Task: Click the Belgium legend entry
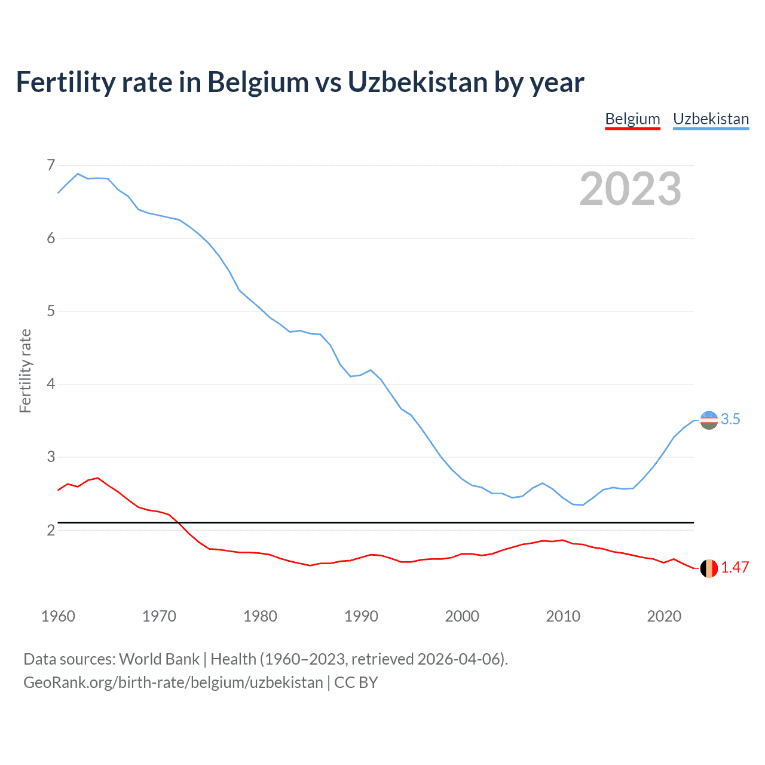[x=632, y=119]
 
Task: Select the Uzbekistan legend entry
[x=711, y=119]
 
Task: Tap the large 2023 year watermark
[x=630, y=189]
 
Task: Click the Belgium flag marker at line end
[x=709, y=568]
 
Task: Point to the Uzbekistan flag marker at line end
[x=709, y=420]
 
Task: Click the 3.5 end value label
[x=730, y=420]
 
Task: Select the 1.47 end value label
[x=735, y=568]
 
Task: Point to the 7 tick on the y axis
[x=51, y=165]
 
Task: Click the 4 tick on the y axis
[x=51, y=384]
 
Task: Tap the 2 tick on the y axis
[x=51, y=530]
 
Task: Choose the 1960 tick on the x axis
[x=58, y=616]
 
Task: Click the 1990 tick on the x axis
[x=361, y=616]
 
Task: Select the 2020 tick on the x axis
[x=664, y=616]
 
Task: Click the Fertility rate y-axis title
[x=25, y=371]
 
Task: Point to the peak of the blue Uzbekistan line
[x=78, y=174]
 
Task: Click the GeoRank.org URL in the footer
[x=173, y=683]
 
